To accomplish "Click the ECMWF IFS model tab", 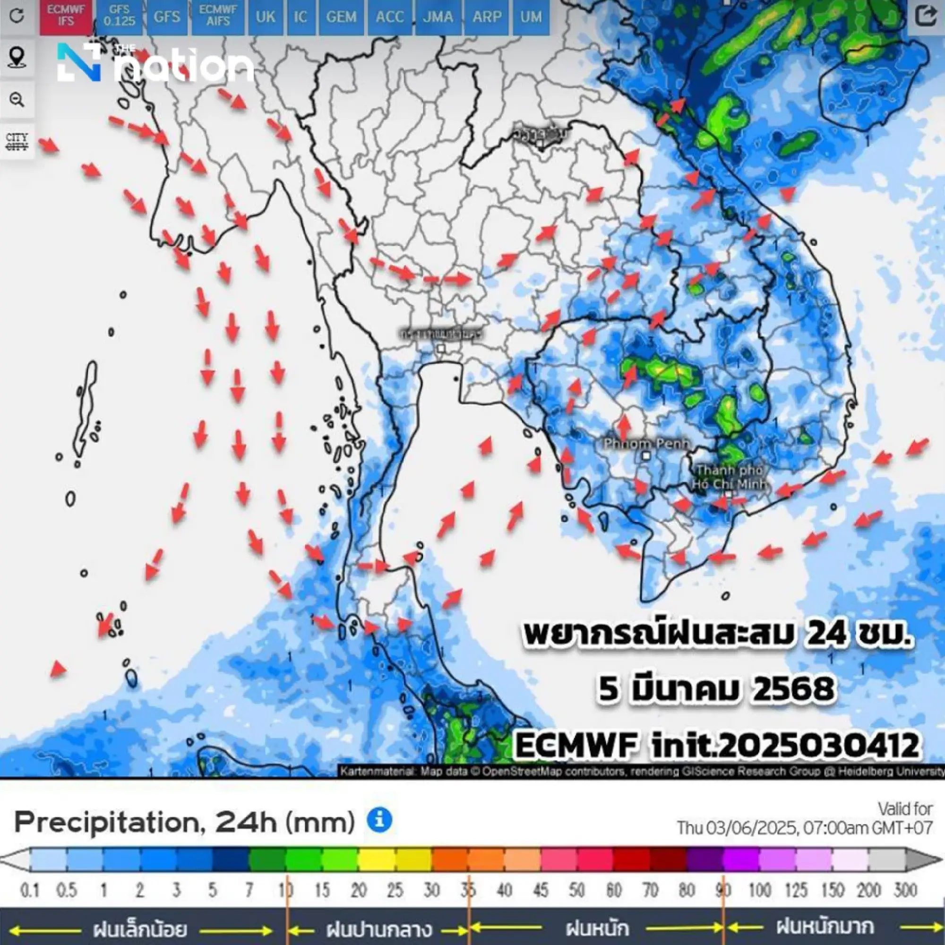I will click(x=66, y=17).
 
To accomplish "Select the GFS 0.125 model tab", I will click(x=120, y=17).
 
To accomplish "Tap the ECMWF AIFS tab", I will click(x=218, y=17).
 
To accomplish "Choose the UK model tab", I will click(x=266, y=17).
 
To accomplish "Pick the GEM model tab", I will click(x=342, y=17).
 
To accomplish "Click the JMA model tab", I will click(x=438, y=17).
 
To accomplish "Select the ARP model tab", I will click(x=487, y=17).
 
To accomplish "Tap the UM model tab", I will click(x=531, y=17).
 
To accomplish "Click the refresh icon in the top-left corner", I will click(x=17, y=16).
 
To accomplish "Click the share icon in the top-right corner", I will click(x=925, y=16).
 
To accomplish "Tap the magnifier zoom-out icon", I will click(x=17, y=100).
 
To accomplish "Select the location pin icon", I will click(x=17, y=58).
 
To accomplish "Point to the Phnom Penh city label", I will click(x=647, y=444).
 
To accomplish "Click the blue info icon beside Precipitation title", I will click(x=379, y=820).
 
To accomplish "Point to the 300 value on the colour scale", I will click(x=905, y=890).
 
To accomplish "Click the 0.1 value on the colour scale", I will click(x=29, y=890).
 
